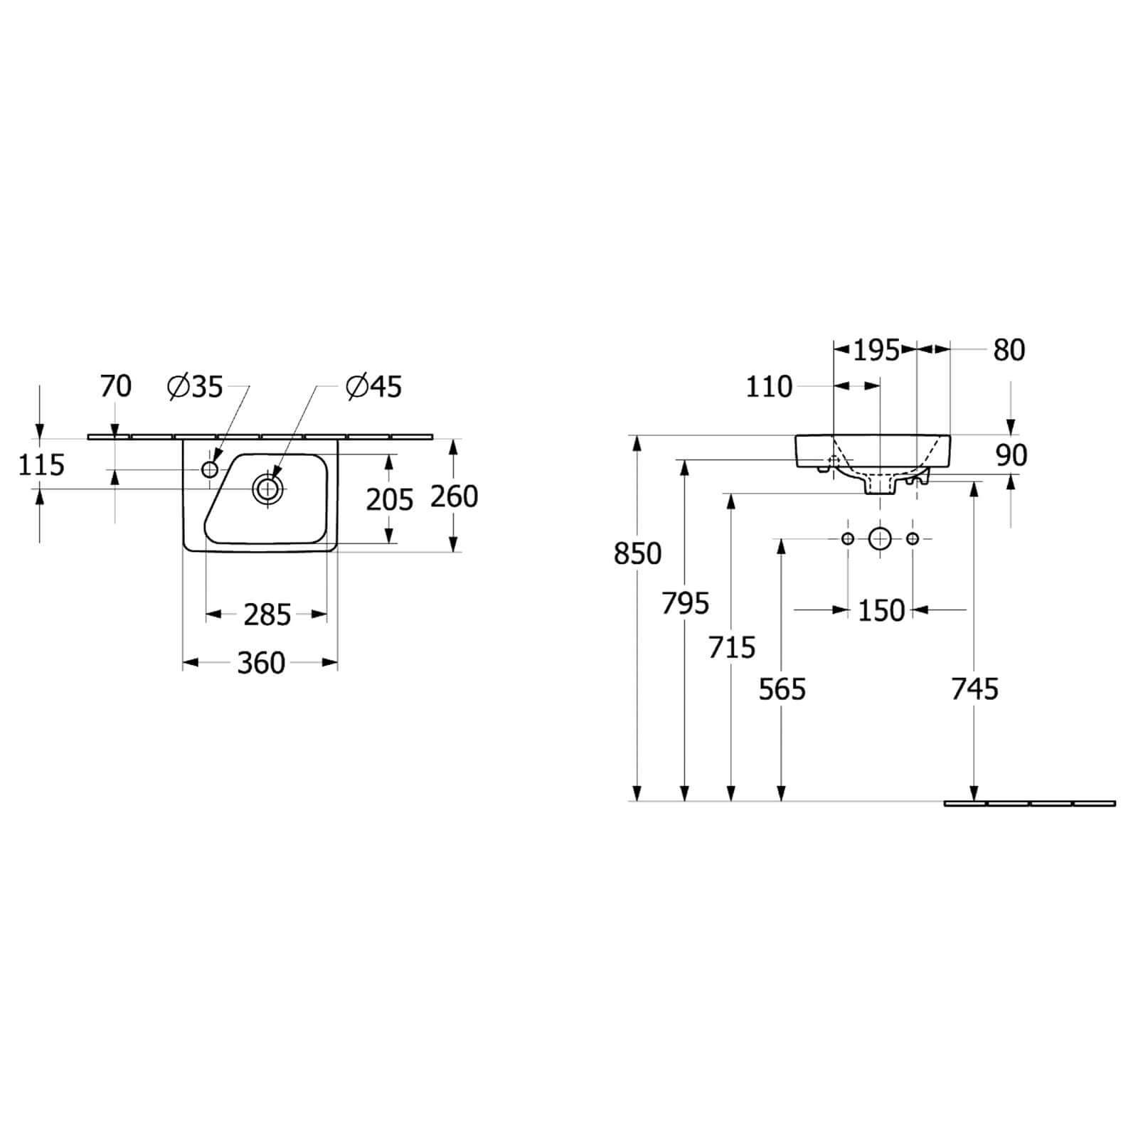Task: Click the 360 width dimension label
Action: (261, 663)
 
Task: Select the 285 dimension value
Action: (267, 615)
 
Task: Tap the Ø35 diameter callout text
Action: (195, 387)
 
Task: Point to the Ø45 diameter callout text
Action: (373, 387)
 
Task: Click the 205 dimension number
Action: (390, 500)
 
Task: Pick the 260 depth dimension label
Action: (454, 496)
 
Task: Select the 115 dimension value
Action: (41, 465)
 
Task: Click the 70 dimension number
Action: (116, 386)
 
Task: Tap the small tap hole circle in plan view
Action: (210, 469)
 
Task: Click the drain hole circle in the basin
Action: (268, 489)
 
